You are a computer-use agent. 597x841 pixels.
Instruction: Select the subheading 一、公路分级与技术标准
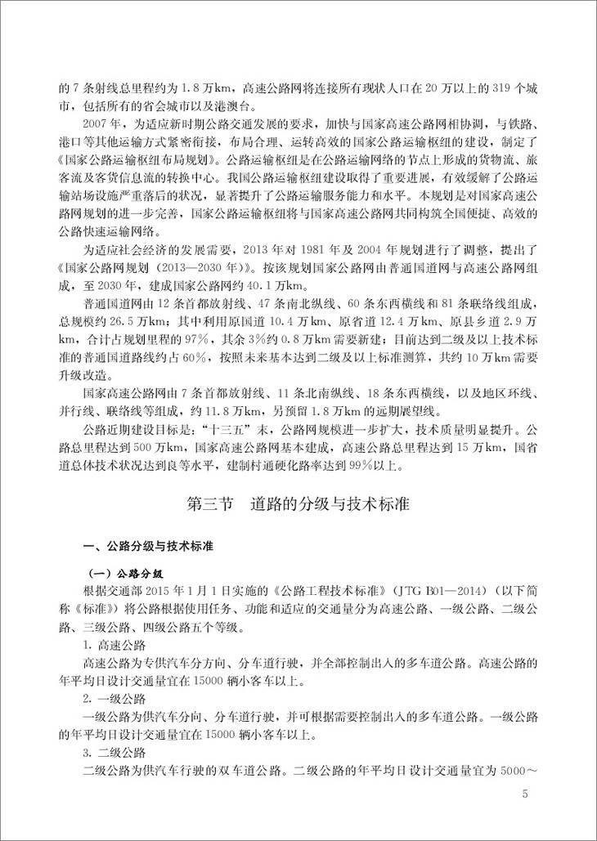[x=144, y=546]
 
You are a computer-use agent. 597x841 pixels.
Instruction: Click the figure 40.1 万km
[x=277, y=285]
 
